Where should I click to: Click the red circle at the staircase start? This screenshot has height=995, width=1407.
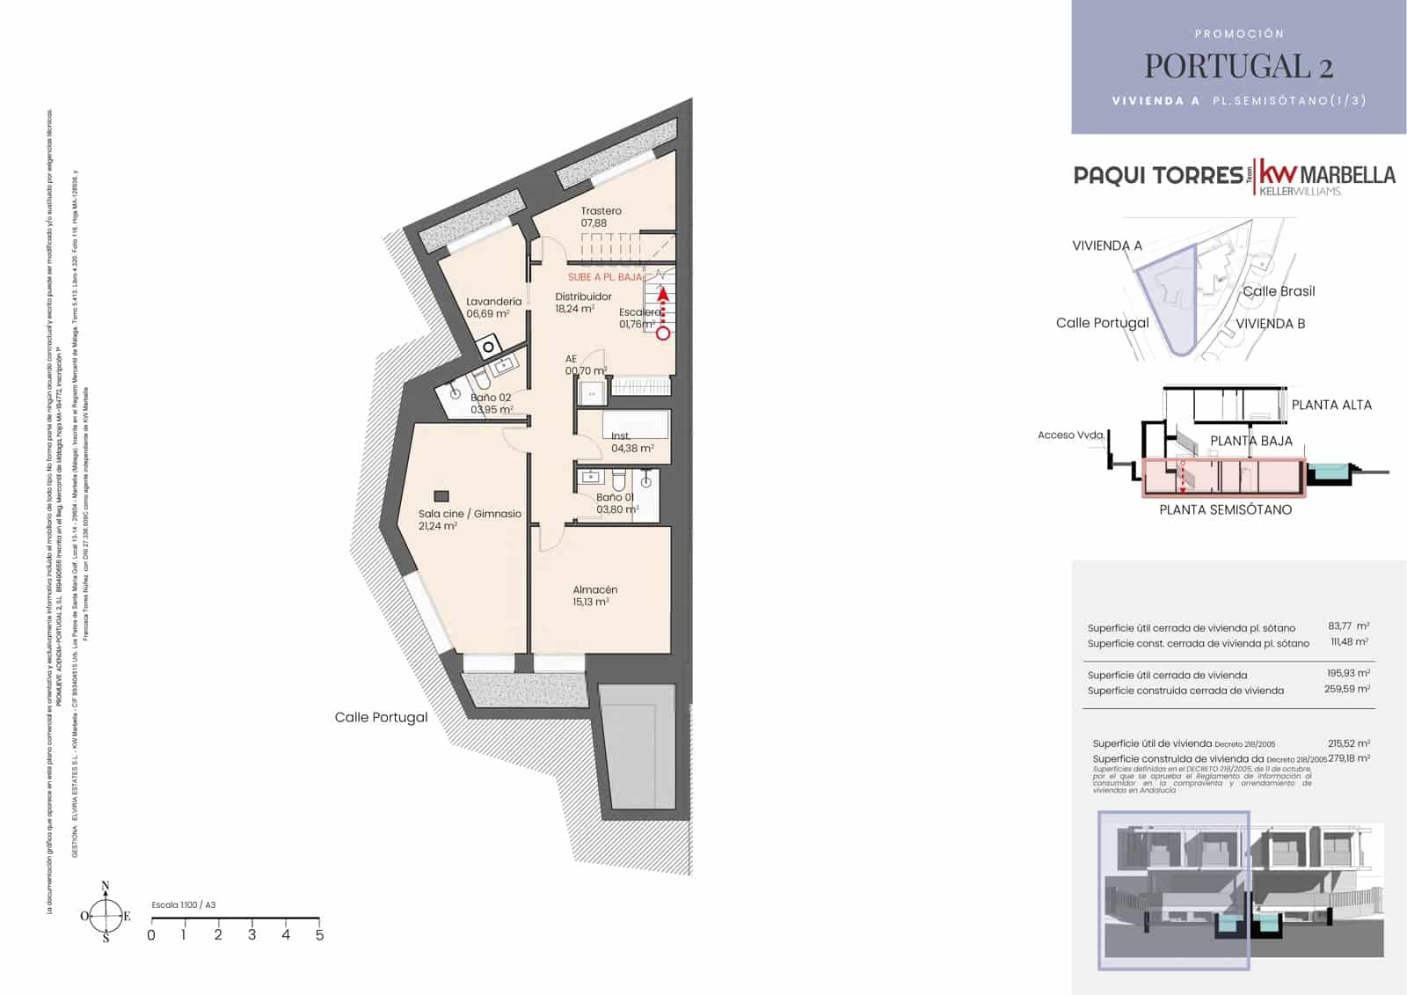click(663, 333)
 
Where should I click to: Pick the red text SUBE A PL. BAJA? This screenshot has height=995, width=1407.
click(605, 277)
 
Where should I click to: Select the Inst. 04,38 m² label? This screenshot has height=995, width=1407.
click(631, 442)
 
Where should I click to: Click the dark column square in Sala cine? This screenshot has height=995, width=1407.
click(441, 496)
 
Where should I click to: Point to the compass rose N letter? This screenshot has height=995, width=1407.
click(106, 886)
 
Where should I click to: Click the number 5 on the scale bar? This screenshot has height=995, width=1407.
click(319, 935)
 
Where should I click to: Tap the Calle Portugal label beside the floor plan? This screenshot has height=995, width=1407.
click(381, 717)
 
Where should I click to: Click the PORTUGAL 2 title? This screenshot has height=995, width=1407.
click(1238, 66)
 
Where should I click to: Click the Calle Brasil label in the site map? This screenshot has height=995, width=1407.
click(1279, 291)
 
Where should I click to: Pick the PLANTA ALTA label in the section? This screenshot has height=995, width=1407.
click(1330, 405)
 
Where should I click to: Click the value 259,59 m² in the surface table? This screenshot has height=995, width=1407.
click(1346, 690)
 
